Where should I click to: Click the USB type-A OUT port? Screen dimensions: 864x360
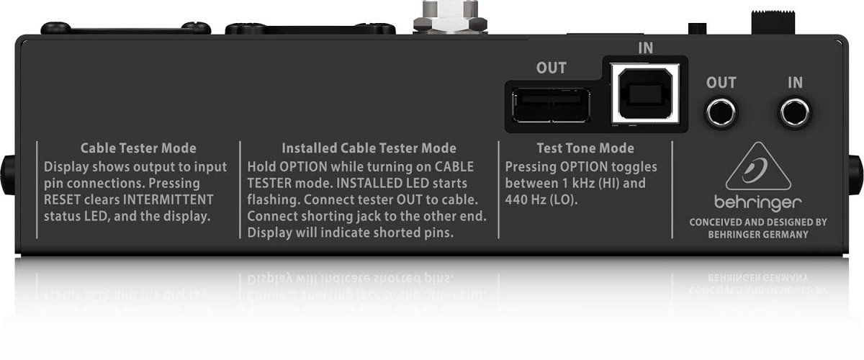(x=551, y=105)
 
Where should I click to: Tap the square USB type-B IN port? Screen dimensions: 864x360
(x=645, y=94)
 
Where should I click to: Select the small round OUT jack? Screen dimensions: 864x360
(x=721, y=112)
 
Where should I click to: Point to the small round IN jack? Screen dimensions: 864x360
(x=795, y=112)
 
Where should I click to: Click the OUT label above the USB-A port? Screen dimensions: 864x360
(x=552, y=68)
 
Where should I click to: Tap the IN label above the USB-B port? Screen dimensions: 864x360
(x=646, y=48)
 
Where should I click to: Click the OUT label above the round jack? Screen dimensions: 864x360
(x=721, y=83)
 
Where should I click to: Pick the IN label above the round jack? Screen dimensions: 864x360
(x=796, y=83)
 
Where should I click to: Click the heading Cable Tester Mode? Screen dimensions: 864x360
(x=138, y=148)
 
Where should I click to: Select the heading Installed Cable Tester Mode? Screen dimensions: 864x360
(x=369, y=148)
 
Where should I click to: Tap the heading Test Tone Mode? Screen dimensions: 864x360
(x=585, y=148)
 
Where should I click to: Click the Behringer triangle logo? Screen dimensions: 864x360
(x=758, y=166)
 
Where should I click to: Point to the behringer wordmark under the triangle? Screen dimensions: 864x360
(x=758, y=203)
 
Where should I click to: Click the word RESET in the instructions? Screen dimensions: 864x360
(x=62, y=200)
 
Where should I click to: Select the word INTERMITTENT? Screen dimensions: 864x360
(x=168, y=200)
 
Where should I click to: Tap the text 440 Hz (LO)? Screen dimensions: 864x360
(x=541, y=200)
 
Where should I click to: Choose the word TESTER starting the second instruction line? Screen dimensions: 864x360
(x=269, y=184)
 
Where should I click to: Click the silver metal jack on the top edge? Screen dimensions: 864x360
(x=450, y=17)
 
